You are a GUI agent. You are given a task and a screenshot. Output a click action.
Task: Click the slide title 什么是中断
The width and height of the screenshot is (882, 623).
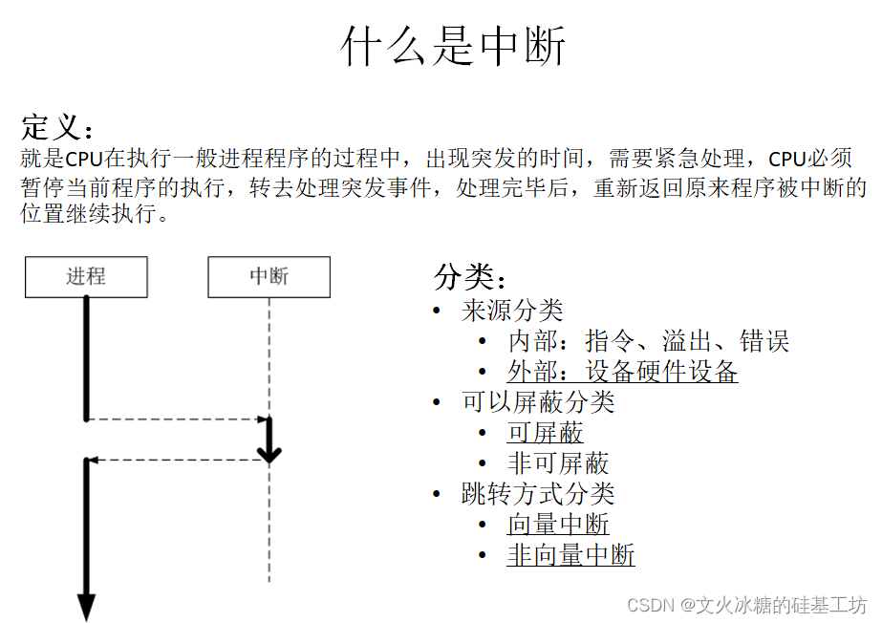pyautogui.click(x=454, y=47)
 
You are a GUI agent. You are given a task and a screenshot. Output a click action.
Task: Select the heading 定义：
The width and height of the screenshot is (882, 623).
pyautogui.click(x=58, y=127)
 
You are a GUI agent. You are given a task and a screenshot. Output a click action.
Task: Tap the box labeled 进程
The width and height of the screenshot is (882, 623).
pyautogui.click(x=86, y=277)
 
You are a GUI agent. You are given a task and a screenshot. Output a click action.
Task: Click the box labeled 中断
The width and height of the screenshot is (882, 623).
pyautogui.click(x=269, y=277)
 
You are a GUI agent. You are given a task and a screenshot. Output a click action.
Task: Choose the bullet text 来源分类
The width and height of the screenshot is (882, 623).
pyautogui.click(x=512, y=311)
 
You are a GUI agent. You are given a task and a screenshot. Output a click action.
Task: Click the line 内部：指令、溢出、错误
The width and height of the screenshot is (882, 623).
pyautogui.click(x=648, y=341)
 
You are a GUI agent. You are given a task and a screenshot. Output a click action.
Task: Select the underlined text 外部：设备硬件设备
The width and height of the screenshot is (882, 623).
pyautogui.click(x=622, y=372)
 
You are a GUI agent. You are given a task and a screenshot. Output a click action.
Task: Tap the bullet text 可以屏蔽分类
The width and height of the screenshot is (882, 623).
pyautogui.click(x=538, y=402)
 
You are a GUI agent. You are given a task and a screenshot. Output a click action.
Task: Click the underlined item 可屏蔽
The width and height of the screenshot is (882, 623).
pyautogui.click(x=545, y=433)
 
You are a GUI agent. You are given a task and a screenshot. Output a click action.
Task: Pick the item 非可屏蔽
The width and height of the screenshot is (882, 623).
pyautogui.click(x=558, y=463)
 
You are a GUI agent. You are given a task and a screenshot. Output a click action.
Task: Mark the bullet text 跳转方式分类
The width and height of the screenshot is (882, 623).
pyautogui.click(x=538, y=494)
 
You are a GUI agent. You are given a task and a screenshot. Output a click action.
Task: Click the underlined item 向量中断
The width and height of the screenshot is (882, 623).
pyautogui.click(x=558, y=525)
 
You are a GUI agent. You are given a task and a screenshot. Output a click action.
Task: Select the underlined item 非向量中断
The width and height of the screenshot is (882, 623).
pyautogui.click(x=570, y=555)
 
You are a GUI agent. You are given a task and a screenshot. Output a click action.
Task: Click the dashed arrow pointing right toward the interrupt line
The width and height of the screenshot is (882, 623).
pyautogui.click(x=177, y=419)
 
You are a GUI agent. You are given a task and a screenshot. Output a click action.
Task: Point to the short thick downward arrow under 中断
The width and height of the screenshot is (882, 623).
pyautogui.click(x=269, y=441)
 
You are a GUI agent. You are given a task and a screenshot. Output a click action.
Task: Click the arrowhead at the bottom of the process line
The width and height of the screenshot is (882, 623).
pyautogui.click(x=86, y=607)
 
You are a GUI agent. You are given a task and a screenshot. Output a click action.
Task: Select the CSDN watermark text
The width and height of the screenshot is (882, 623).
pyautogui.click(x=746, y=605)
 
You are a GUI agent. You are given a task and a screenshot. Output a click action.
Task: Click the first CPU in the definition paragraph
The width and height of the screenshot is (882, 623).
pyautogui.click(x=83, y=159)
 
